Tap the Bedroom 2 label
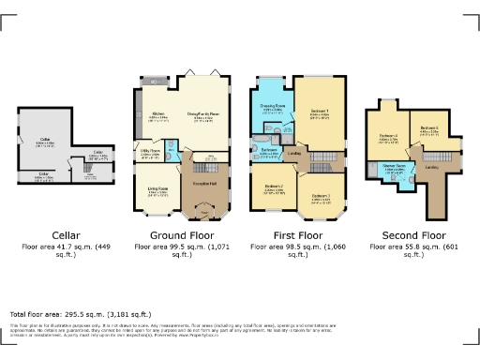(x=273, y=187)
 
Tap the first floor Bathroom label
(x=270, y=149)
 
